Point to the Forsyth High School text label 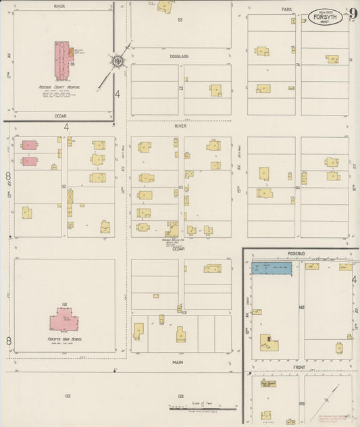pyautogui.click(x=65, y=338)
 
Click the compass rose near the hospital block pyautogui.click(x=116, y=63)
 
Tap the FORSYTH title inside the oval pyautogui.click(x=326, y=14)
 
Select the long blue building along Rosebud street pyautogui.click(x=274, y=268)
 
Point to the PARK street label pyautogui.click(x=286, y=9)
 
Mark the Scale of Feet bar pyautogui.click(x=201, y=407)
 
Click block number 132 pyautogui.click(x=67, y=395)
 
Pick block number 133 pyautogui.click(x=180, y=395)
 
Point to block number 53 pyautogui.click(x=180, y=20)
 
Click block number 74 pyautogui.click(x=297, y=65)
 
